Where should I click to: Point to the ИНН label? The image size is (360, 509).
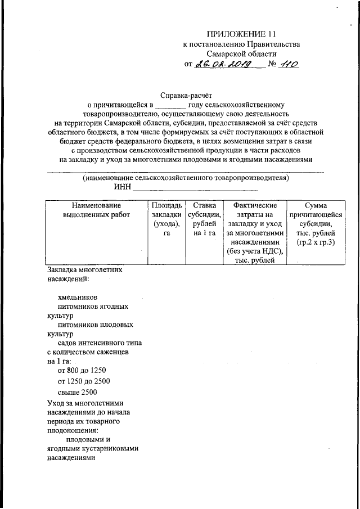coord(122,187)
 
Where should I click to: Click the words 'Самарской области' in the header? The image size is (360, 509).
coord(241,53)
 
